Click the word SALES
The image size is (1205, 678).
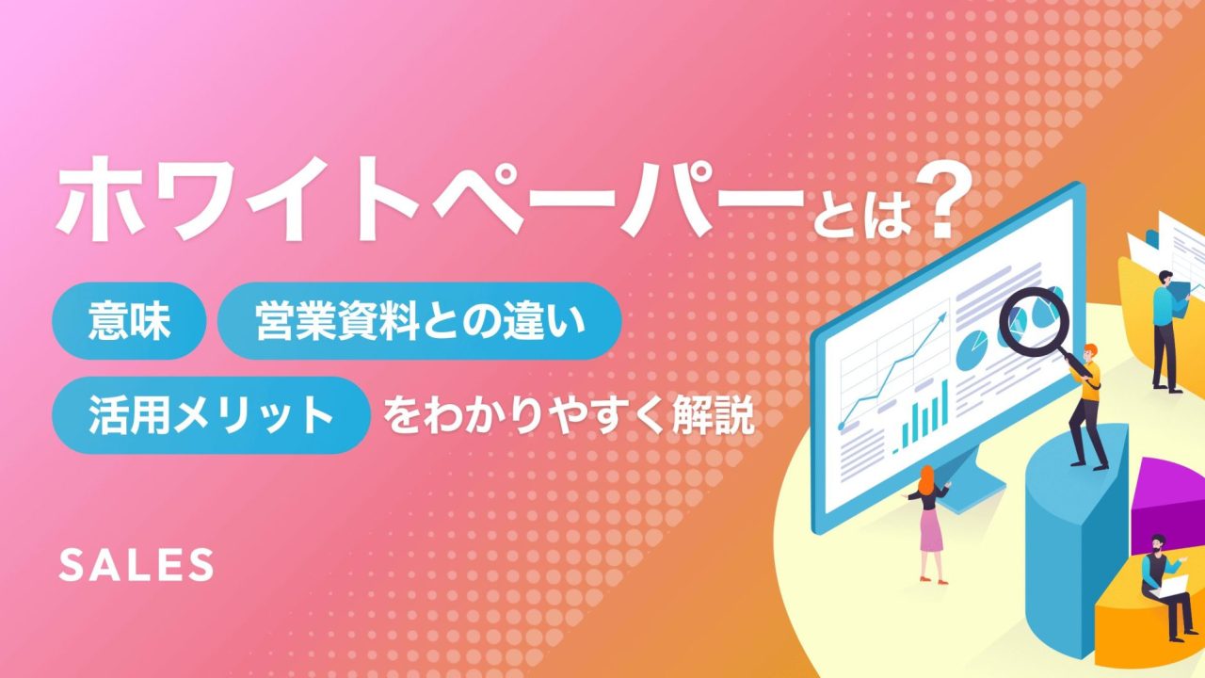pos(136,565)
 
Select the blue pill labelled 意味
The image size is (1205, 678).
pos(129,321)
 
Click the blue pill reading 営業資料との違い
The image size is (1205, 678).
pos(420,321)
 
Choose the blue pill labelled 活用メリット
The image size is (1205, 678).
pos(212,415)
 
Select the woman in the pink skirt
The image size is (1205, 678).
pos(929,525)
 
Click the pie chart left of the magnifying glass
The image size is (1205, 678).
pos(972,349)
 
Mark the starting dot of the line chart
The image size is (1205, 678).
pos(842,427)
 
